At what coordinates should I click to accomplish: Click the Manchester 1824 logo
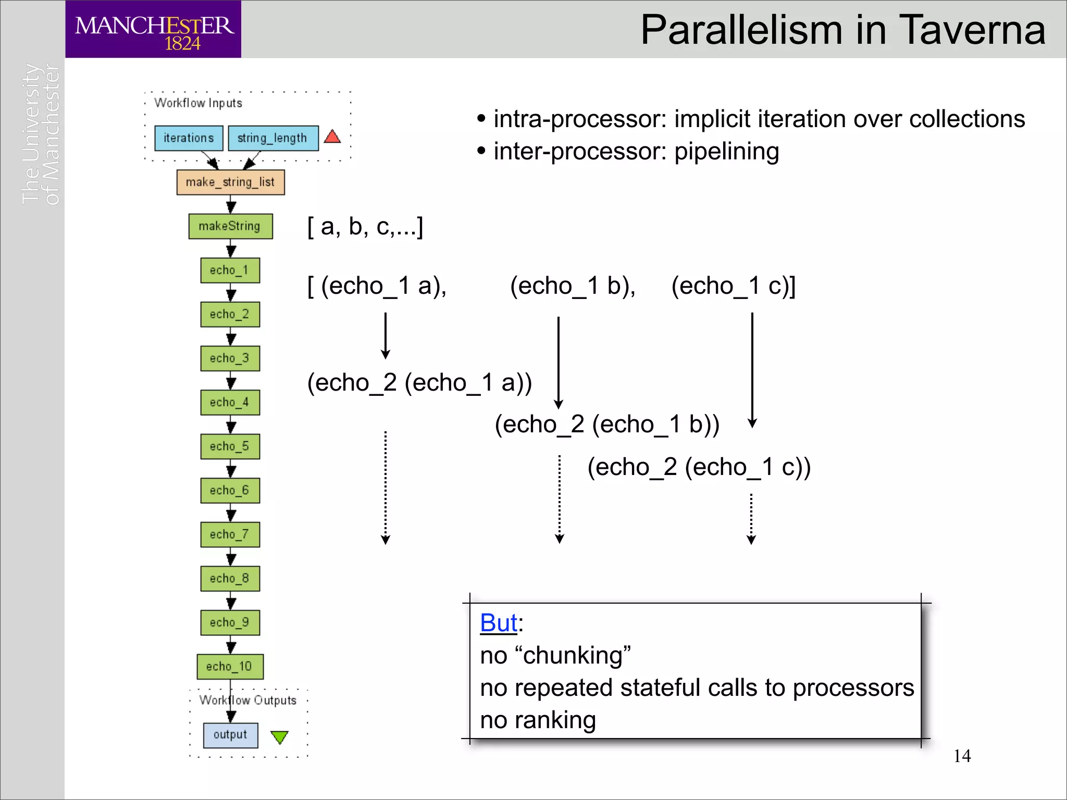click(153, 29)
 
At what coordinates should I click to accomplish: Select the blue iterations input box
click(189, 138)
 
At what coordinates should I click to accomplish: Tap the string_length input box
click(273, 138)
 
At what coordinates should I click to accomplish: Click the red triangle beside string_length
click(332, 137)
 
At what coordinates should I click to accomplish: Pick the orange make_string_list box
click(230, 182)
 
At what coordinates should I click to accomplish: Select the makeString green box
click(230, 226)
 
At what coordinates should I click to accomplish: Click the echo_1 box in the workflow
click(230, 270)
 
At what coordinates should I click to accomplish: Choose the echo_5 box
click(230, 446)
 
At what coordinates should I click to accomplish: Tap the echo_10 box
click(230, 667)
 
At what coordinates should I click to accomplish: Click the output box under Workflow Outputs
click(230, 735)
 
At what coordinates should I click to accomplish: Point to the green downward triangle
click(280, 736)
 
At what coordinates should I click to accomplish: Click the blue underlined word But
click(499, 623)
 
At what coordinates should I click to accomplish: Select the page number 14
click(962, 756)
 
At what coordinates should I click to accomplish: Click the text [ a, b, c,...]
click(365, 227)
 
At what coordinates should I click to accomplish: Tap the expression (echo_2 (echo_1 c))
click(699, 467)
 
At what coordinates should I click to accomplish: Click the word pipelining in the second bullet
click(726, 152)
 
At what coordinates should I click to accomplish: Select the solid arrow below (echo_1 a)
click(386, 335)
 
